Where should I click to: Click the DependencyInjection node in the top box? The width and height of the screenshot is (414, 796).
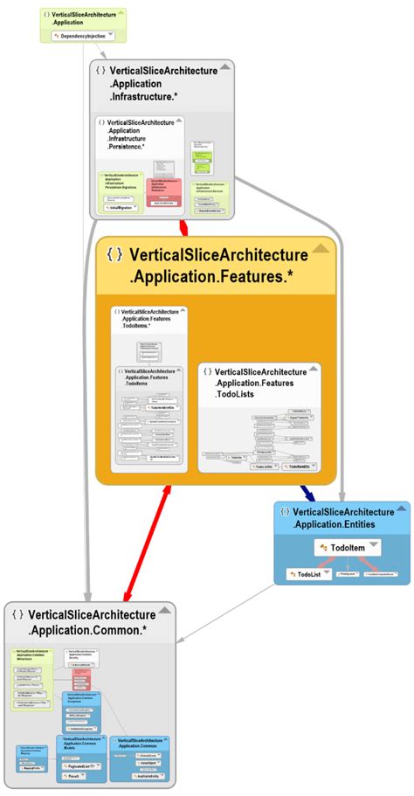click(84, 37)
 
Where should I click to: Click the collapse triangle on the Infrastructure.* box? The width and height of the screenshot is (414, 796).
click(226, 67)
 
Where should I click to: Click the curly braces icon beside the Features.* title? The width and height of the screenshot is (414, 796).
click(114, 254)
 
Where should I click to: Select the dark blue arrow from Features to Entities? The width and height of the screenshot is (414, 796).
click(307, 493)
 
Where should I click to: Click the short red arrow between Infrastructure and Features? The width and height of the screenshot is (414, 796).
click(183, 228)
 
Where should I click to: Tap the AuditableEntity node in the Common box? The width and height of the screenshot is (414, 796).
click(146, 776)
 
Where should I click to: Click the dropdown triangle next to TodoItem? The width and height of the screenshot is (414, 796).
click(373, 545)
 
